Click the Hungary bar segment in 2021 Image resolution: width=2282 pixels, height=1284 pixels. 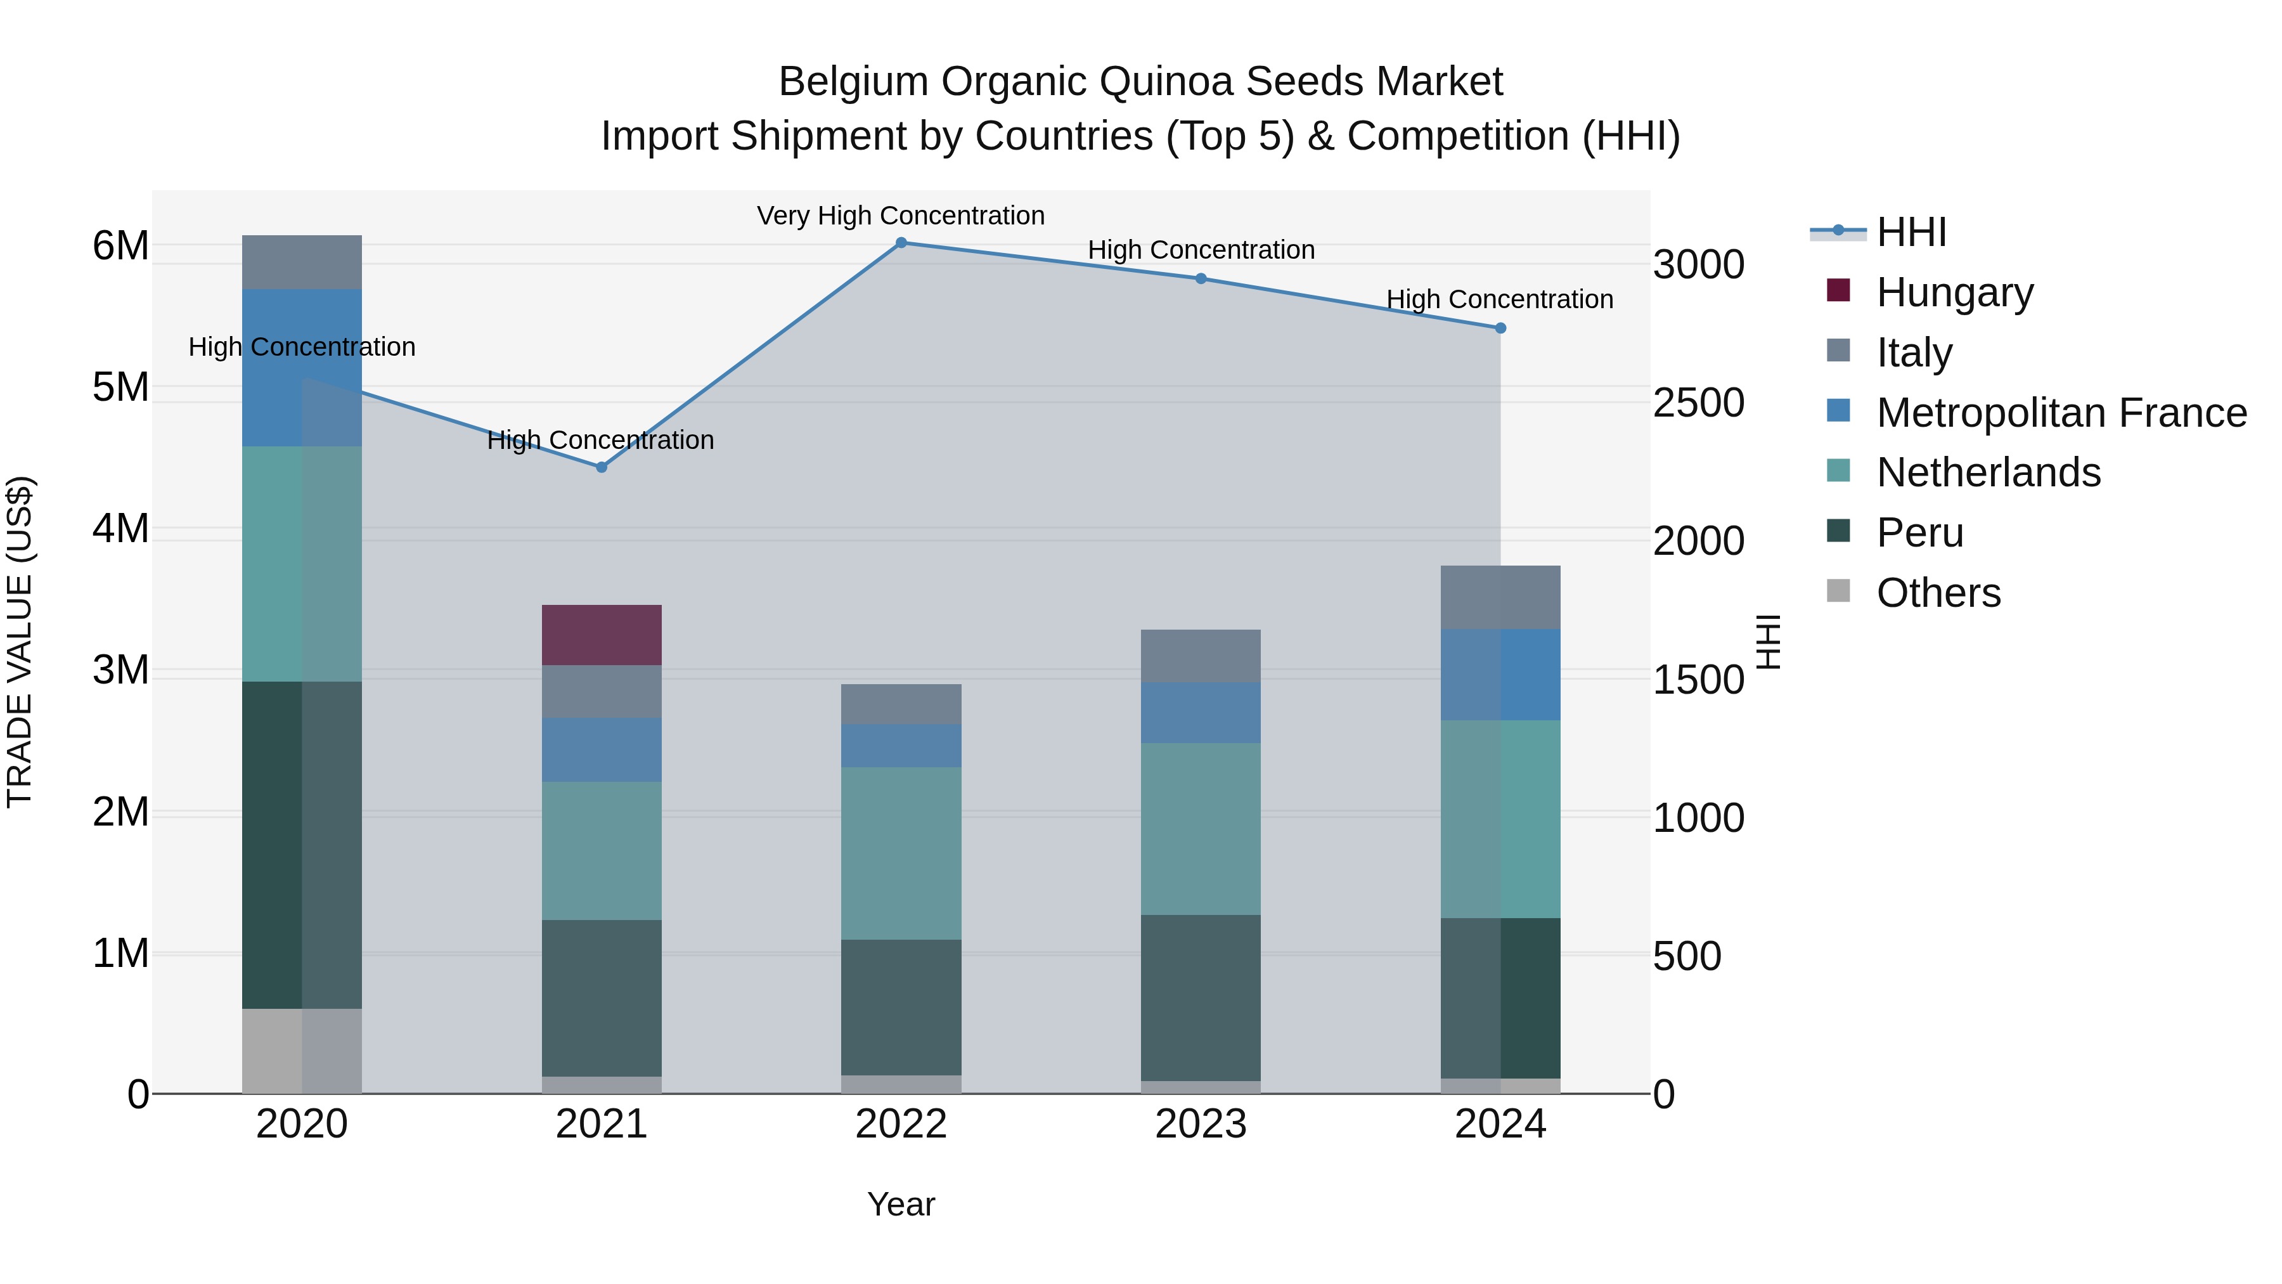tap(602, 635)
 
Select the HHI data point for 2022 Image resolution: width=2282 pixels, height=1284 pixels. tap(901, 243)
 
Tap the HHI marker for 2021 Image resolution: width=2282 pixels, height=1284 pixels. tap(602, 467)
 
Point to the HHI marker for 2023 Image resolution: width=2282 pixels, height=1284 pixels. tap(1201, 278)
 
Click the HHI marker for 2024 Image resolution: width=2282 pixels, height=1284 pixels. tap(1500, 328)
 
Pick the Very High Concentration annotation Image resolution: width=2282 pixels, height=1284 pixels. tap(900, 216)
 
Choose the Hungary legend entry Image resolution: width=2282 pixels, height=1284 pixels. tap(1954, 292)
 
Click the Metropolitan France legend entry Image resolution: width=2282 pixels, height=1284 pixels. tap(2061, 412)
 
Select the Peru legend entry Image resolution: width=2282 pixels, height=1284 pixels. tap(1919, 532)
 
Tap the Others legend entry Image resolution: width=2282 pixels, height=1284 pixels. tap(1937, 592)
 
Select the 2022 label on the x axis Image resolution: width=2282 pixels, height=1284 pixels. tap(901, 1124)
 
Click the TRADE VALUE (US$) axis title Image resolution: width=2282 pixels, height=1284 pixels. tap(20, 642)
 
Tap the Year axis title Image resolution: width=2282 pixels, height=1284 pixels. tap(901, 1204)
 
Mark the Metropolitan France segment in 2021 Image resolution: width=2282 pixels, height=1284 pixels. tap(602, 749)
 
